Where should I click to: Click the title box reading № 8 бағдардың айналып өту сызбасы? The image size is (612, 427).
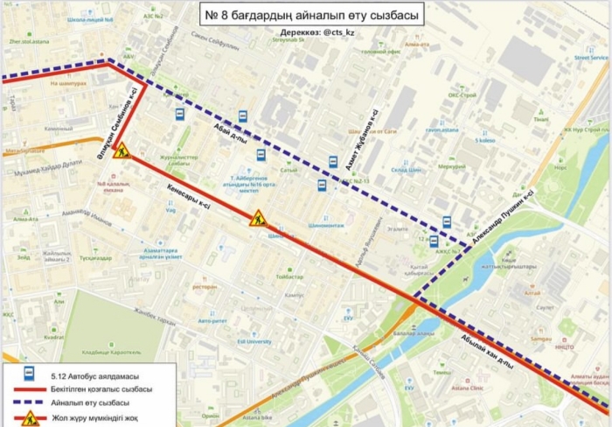[313, 15]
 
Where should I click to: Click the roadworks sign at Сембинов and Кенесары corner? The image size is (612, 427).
[121, 150]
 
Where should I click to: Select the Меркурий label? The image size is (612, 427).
[452, 165]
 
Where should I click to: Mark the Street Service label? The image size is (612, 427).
[591, 58]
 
